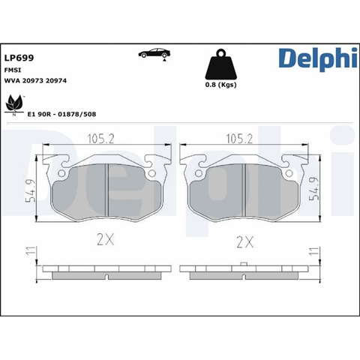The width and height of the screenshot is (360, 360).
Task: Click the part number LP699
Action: point(19,58)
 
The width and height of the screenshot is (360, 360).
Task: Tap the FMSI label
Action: point(13,70)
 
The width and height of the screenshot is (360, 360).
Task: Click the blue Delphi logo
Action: point(318,59)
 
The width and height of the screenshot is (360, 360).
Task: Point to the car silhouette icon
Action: point(154,53)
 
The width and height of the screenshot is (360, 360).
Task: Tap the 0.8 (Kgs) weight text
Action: point(220,85)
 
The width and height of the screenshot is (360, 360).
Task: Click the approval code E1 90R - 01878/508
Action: point(61,114)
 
